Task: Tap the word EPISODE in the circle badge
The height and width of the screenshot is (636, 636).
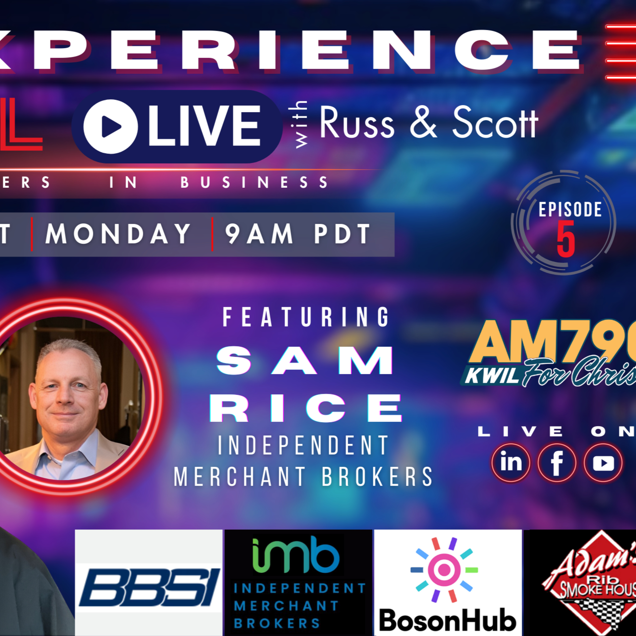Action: coord(570,209)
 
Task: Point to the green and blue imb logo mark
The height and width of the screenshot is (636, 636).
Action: coord(296,555)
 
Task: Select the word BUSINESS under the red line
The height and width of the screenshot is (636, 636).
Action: coord(254,182)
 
